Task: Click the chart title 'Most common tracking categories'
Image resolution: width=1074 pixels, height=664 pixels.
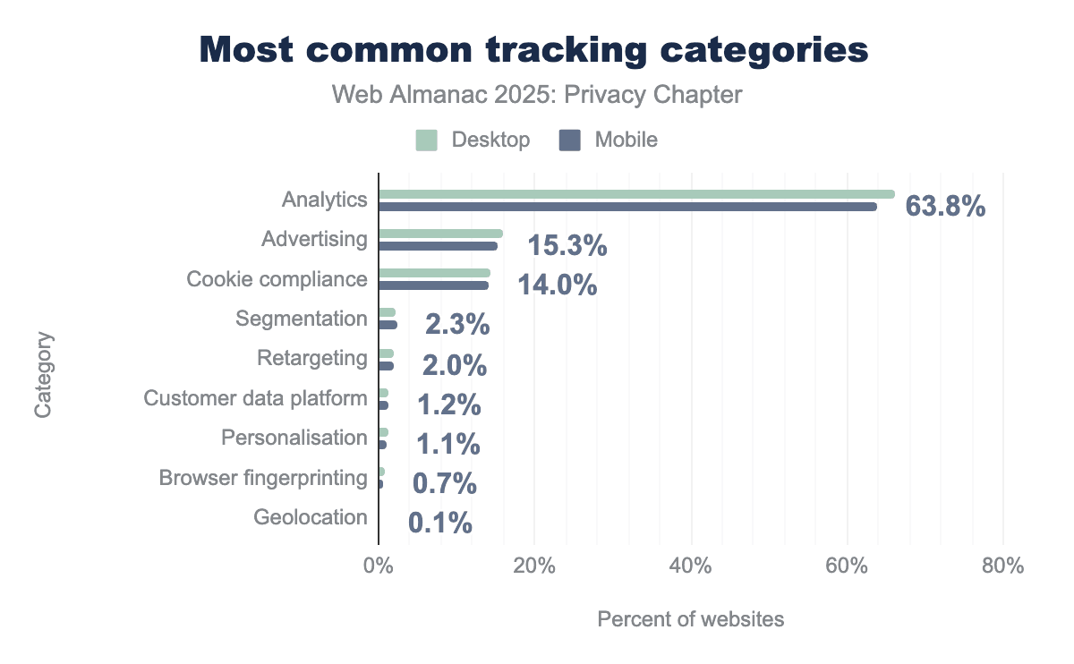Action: [533, 50]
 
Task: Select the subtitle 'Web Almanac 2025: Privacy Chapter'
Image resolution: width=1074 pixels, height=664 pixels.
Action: [537, 95]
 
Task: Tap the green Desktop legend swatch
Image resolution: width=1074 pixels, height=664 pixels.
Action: [427, 140]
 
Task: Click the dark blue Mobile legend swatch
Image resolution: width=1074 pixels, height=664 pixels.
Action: [570, 140]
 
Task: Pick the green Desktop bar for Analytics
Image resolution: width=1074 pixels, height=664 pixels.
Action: [635, 194]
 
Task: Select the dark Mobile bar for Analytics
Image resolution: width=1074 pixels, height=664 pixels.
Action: [626, 207]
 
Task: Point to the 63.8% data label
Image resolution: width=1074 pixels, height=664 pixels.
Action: [945, 208]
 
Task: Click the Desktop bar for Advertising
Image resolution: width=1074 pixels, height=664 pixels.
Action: [439, 234]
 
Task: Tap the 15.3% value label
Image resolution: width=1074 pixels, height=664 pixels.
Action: [567, 247]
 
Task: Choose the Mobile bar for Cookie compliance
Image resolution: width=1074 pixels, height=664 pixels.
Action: [433, 285]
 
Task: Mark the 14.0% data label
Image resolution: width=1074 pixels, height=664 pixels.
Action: [557, 286]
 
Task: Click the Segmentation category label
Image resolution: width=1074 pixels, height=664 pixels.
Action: [301, 319]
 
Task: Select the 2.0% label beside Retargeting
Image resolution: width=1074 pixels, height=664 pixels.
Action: [455, 365]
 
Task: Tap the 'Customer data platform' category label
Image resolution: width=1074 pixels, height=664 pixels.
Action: [255, 397]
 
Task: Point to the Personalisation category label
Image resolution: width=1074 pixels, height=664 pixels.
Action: [294, 438]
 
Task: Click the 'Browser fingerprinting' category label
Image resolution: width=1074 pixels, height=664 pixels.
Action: [262, 478]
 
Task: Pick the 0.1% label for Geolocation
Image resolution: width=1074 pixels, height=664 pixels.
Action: [440, 524]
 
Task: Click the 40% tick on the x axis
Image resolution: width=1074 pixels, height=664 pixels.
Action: [690, 566]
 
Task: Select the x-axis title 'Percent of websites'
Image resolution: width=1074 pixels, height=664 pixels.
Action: [690, 619]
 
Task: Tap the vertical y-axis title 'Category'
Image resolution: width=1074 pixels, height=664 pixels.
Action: [43, 376]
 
